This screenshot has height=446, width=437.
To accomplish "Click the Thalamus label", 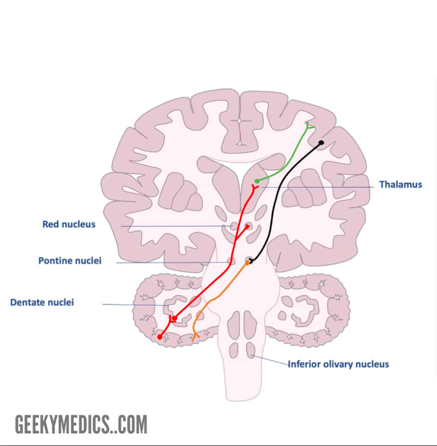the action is point(401,184).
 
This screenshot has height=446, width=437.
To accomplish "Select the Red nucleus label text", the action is point(68,224).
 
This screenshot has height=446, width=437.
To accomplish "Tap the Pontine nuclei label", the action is point(70,261).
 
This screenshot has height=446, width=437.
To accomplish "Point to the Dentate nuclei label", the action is point(42,302).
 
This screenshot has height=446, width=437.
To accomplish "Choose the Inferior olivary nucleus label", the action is point(338,364).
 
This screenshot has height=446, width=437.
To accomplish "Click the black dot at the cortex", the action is point(321,143).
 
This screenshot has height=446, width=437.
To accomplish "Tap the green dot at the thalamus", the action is point(257,181).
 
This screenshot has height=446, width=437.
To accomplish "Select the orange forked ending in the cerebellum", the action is point(195,335).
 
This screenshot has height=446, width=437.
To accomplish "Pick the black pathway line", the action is point(282,192).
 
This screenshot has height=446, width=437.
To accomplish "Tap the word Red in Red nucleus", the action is point(51,224).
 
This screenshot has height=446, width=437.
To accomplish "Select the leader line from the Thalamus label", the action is point(320,187).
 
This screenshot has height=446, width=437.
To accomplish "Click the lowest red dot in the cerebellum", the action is point(160,337).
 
